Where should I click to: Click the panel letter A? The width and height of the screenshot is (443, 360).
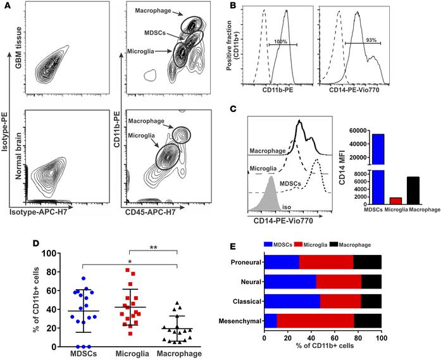[x=6, y=6]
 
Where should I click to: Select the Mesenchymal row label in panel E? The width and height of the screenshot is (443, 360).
[x=240, y=320]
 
